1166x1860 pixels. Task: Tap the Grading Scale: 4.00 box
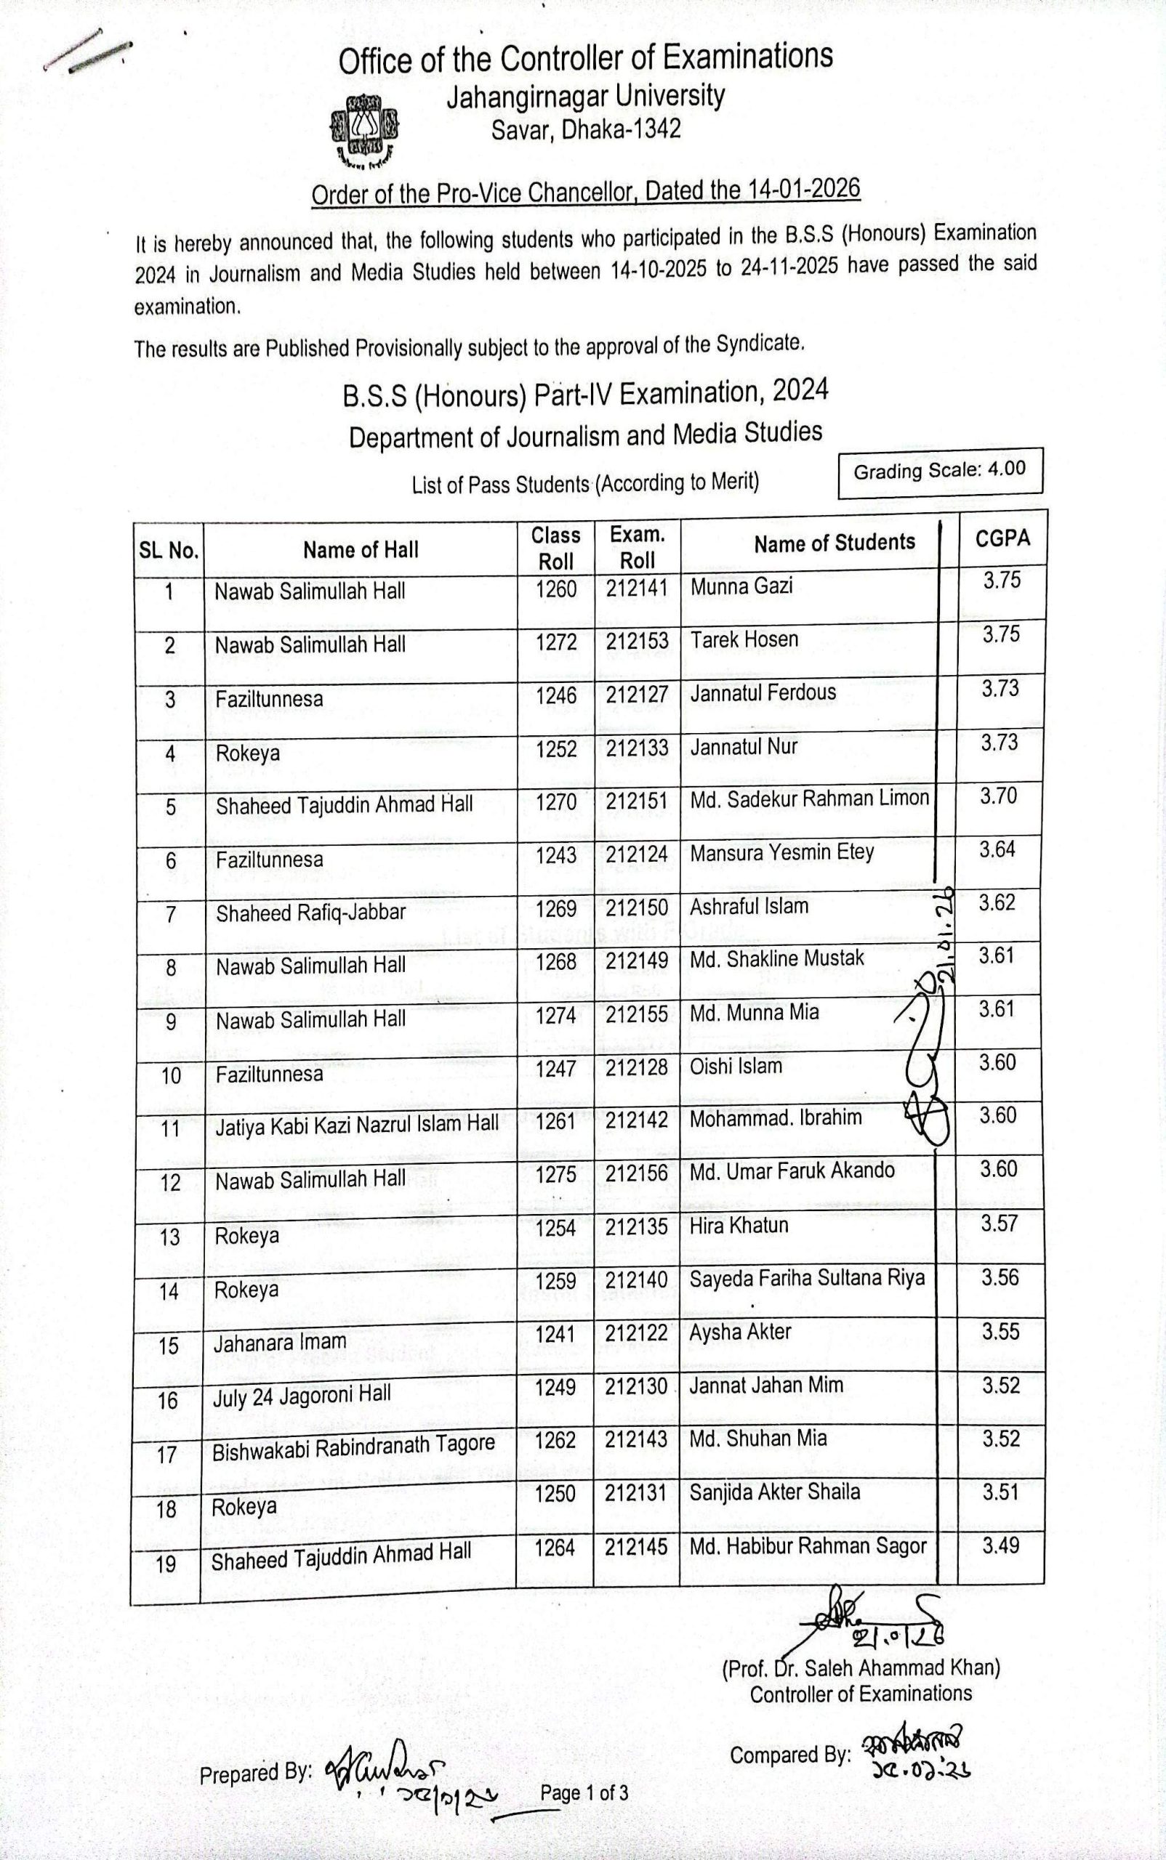[x=939, y=471]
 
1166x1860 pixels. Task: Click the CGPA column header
[x=1002, y=539]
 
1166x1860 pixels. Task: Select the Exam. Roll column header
[x=637, y=547]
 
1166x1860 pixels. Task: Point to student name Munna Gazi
[x=741, y=586]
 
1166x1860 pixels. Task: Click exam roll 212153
[x=637, y=642]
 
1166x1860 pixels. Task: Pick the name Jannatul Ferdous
[x=763, y=693]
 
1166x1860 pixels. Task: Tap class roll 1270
[x=556, y=802]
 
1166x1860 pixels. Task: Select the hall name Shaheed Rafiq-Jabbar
[x=310, y=913]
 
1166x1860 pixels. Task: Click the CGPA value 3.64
[x=998, y=850]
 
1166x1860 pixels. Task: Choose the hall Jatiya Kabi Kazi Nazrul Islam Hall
[x=356, y=1125]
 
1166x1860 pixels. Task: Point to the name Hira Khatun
[x=739, y=1226]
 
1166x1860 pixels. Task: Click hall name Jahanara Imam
[x=279, y=1343]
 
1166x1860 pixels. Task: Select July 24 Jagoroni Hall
[x=302, y=1396]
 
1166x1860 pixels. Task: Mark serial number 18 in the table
[x=166, y=1508]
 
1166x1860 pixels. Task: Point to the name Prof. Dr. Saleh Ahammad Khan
[x=861, y=1669]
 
